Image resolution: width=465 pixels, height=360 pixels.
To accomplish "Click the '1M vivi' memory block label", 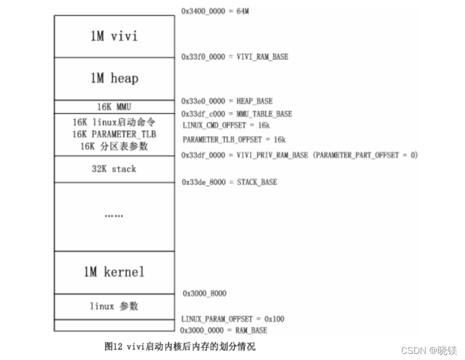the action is pyautogui.click(x=114, y=36).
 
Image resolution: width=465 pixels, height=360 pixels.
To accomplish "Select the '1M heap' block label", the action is pyautogui.click(x=114, y=78).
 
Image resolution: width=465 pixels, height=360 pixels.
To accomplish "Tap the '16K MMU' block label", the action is pyautogui.click(x=114, y=107).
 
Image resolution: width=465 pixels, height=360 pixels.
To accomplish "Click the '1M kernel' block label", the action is pyautogui.click(x=114, y=272).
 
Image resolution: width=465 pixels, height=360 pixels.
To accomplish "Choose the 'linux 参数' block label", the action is pyautogui.click(x=114, y=306).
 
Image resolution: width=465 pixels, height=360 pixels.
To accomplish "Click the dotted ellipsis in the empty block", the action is pyautogui.click(x=114, y=216).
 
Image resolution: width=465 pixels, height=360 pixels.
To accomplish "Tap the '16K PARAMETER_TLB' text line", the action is pyautogui.click(x=115, y=135).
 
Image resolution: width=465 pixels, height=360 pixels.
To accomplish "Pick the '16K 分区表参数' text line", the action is pyautogui.click(x=115, y=146).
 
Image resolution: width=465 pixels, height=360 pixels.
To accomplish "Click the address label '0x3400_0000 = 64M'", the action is pyautogui.click(x=215, y=11).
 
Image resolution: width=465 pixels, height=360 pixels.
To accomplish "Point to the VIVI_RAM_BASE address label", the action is pyautogui.click(x=235, y=57).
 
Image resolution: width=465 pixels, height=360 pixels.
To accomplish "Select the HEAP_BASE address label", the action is pyautogui.click(x=227, y=101).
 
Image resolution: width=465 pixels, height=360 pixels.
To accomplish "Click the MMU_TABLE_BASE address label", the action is pyautogui.click(x=237, y=114).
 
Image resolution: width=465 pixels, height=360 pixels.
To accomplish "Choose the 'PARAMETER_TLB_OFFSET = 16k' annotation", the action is pyautogui.click(x=234, y=139).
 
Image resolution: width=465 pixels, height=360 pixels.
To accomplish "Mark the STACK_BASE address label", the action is pyautogui.click(x=229, y=182).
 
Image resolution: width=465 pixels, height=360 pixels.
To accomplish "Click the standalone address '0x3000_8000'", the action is pyautogui.click(x=204, y=293).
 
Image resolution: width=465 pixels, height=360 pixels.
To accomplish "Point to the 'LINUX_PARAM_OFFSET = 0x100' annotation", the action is pyautogui.click(x=233, y=319).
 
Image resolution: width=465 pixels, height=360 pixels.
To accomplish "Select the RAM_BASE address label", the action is pyautogui.click(x=223, y=330).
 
